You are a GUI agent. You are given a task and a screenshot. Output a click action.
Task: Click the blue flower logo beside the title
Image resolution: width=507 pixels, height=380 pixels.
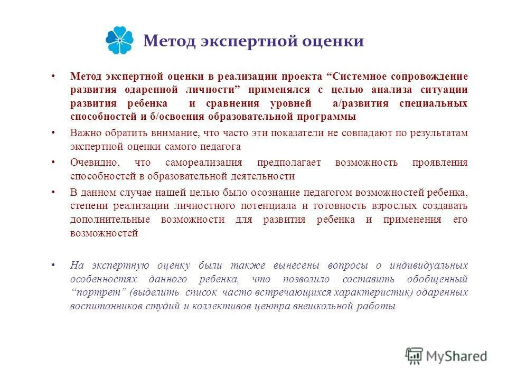120,41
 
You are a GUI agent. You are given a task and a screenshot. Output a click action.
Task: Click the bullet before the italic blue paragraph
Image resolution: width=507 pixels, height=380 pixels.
53,265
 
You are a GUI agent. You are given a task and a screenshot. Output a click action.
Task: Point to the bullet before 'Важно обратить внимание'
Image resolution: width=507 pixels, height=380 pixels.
53,133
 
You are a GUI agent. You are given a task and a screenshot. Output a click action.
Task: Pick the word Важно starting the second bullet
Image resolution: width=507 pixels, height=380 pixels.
84,133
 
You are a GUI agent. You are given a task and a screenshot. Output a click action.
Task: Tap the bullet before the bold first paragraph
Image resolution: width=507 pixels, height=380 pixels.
53,76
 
